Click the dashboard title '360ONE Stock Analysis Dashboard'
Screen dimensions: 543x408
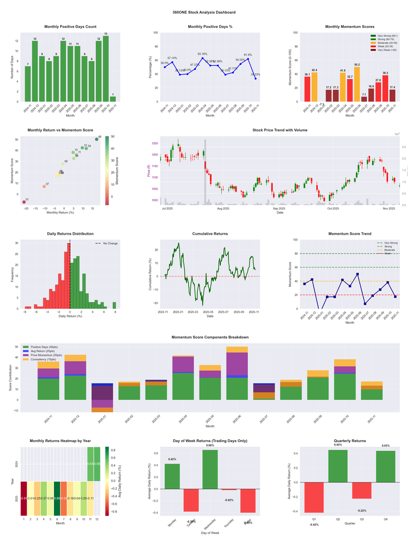(204, 12)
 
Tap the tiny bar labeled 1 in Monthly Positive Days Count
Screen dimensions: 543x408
(113, 99)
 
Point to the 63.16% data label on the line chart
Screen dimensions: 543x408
(202, 53)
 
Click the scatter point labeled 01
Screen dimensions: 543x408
(24, 202)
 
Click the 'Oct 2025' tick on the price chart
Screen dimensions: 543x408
(333, 208)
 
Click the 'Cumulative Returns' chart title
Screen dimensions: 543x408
(210, 234)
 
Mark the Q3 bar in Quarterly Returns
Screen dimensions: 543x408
(362, 491)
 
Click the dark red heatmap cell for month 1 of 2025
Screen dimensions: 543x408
(24, 499)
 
